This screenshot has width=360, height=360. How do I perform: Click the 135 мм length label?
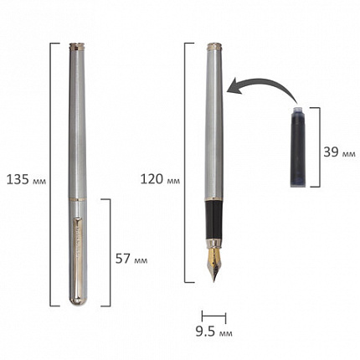(x=26, y=179)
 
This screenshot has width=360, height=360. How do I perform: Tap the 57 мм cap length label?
(x=131, y=259)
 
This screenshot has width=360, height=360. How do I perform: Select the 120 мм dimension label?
(x=160, y=179)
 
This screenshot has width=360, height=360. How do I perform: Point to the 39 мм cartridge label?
(x=339, y=152)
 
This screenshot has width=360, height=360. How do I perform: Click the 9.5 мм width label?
(x=213, y=332)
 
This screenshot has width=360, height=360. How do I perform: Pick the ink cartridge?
(x=298, y=147)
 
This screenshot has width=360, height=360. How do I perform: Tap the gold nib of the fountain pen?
(x=214, y=264)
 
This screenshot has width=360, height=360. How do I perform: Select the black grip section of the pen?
(x=214, y=220)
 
